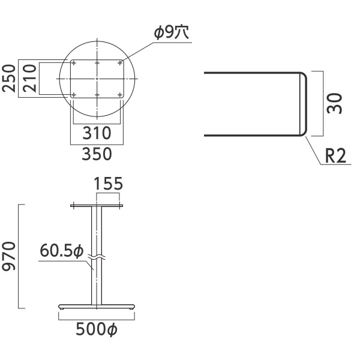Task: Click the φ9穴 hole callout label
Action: (172, 32)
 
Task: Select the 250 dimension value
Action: (9, 79)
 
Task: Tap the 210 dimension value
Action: (30, 79)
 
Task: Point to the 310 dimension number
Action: (97, 133)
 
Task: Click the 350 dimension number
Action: (97, 154)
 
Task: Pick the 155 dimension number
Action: (109, 184)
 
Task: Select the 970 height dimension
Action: (9, 256)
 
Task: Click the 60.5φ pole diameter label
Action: (62, 251)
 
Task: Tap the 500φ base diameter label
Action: (97, 329)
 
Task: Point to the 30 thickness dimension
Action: (335, 103)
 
